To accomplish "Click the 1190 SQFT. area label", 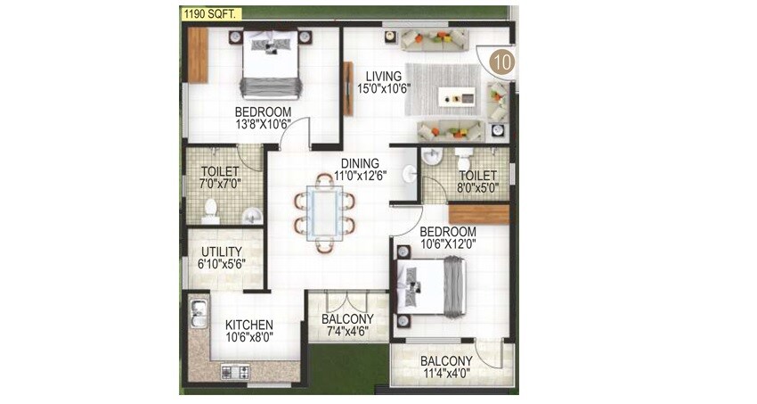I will tap(209, 13).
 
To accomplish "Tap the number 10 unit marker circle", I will tap(503, 62).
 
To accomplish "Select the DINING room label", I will tap(357, 163).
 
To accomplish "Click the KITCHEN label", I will tap(248, 325).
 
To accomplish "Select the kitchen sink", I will tap(199, 313).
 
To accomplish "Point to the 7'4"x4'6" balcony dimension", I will tap(348, 333).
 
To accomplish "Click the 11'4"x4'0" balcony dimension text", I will tap(447, 374).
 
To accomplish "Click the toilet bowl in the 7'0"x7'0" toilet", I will tap(211, 210).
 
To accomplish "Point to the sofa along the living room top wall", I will tap(434, 38).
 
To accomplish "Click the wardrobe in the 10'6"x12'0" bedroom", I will tap(479, 214).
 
